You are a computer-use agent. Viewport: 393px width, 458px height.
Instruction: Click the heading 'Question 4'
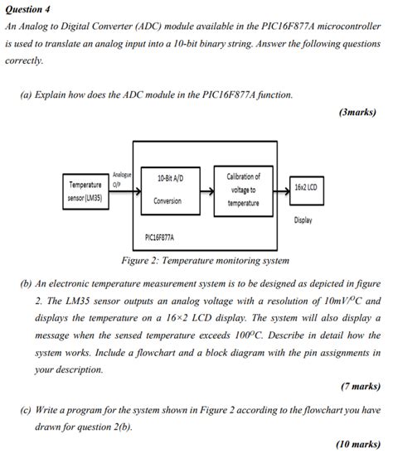[x=28, y=9]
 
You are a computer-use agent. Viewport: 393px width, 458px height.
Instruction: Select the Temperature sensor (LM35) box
[x=85, y=191]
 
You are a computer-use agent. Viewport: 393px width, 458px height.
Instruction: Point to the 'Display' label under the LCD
[x=303, y=220]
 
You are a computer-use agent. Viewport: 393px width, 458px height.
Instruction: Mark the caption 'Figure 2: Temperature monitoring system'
[x=206, y=261]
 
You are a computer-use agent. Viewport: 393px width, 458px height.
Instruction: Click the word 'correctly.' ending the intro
[x=24, y=60]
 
